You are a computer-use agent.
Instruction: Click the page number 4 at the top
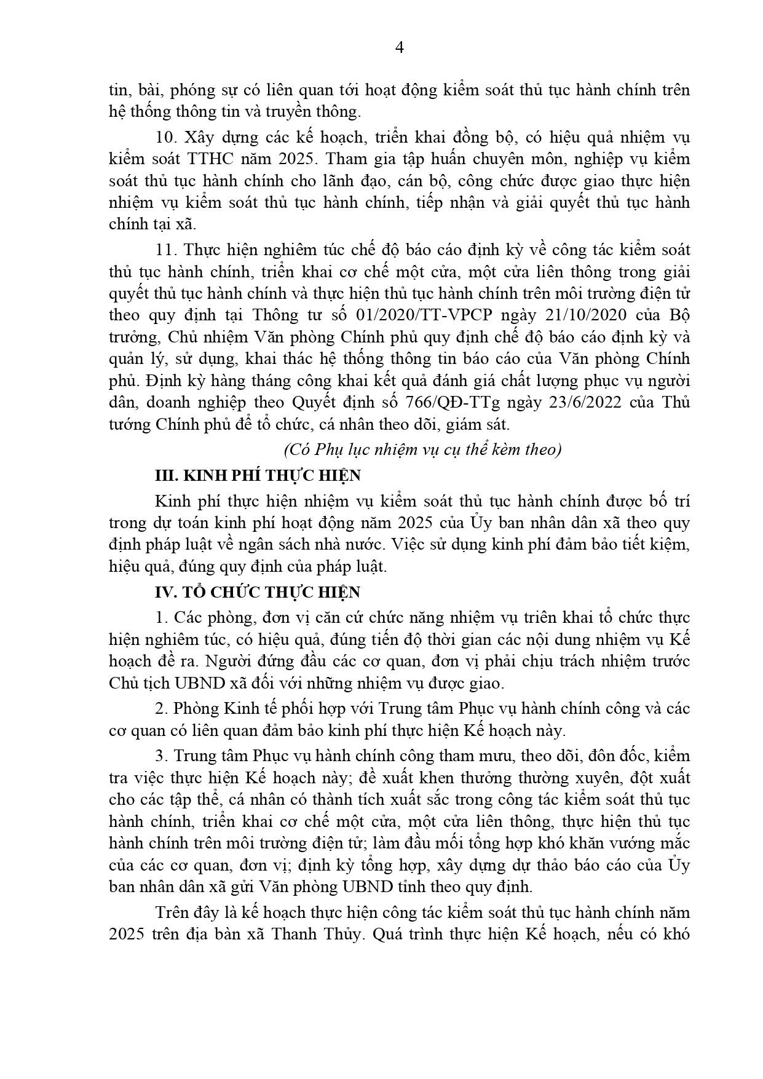399,49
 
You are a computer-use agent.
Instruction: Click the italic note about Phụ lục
422,450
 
